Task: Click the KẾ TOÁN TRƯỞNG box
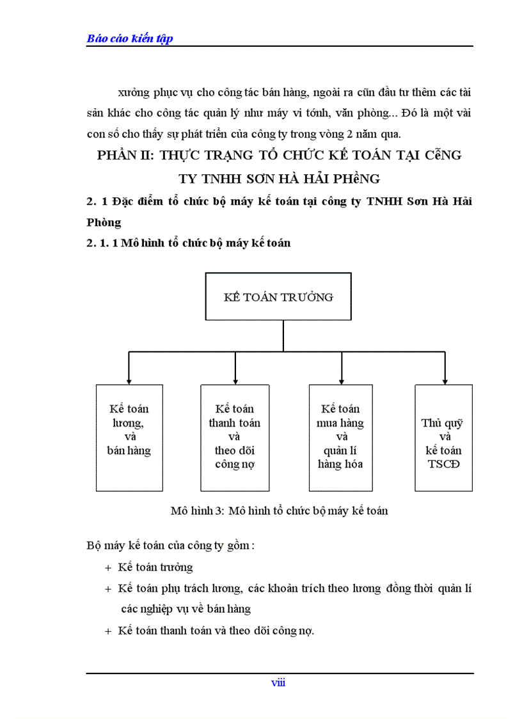(278, 296)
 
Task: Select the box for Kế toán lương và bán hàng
(129, 437)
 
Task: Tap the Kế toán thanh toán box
(235, 437)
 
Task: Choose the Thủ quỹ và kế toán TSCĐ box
(444, 437)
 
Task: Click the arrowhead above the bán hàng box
(129, 380)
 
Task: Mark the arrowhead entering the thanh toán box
(235, 380)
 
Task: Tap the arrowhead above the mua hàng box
(340, 380)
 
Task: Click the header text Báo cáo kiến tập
(130, 38)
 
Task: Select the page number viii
(278, 683)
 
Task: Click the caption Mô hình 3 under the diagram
(280, 511)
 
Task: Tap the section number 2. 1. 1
(102, 243)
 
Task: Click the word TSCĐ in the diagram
(444, 464)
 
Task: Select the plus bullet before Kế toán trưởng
(107, 568)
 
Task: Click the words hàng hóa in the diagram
(340, 464)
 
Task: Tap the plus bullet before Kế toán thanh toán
(107, 631)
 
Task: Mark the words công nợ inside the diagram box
(235, 464)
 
